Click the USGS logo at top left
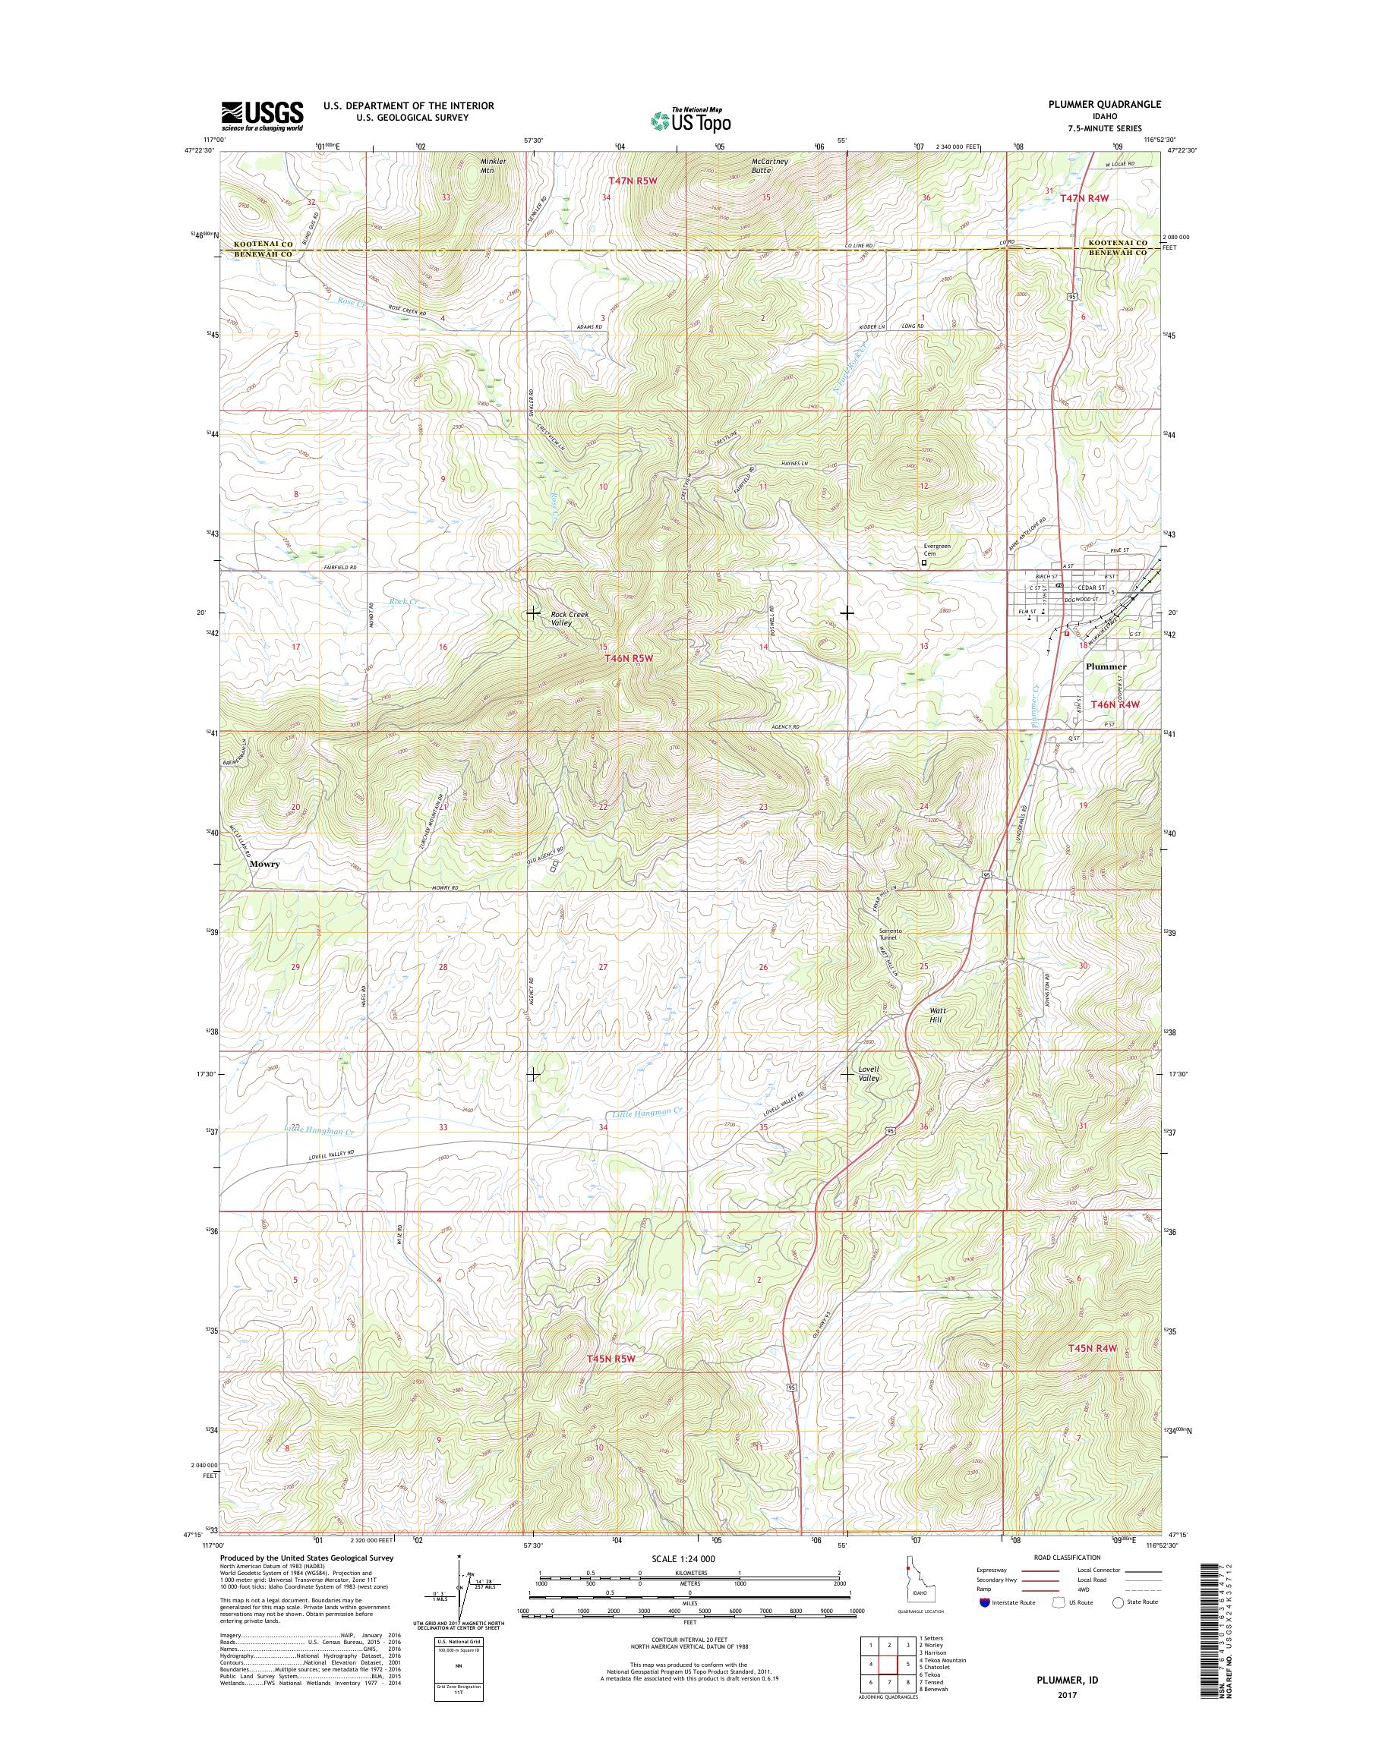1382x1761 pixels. click(x=263, y=116)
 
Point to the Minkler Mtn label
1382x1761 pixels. click(x=493, y=165)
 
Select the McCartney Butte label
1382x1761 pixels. click(x=769, y=165)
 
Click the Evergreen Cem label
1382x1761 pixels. click(x=937, y=550)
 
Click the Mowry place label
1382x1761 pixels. click(x=264, y=864)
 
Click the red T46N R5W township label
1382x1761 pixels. click(x=629, y=660)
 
